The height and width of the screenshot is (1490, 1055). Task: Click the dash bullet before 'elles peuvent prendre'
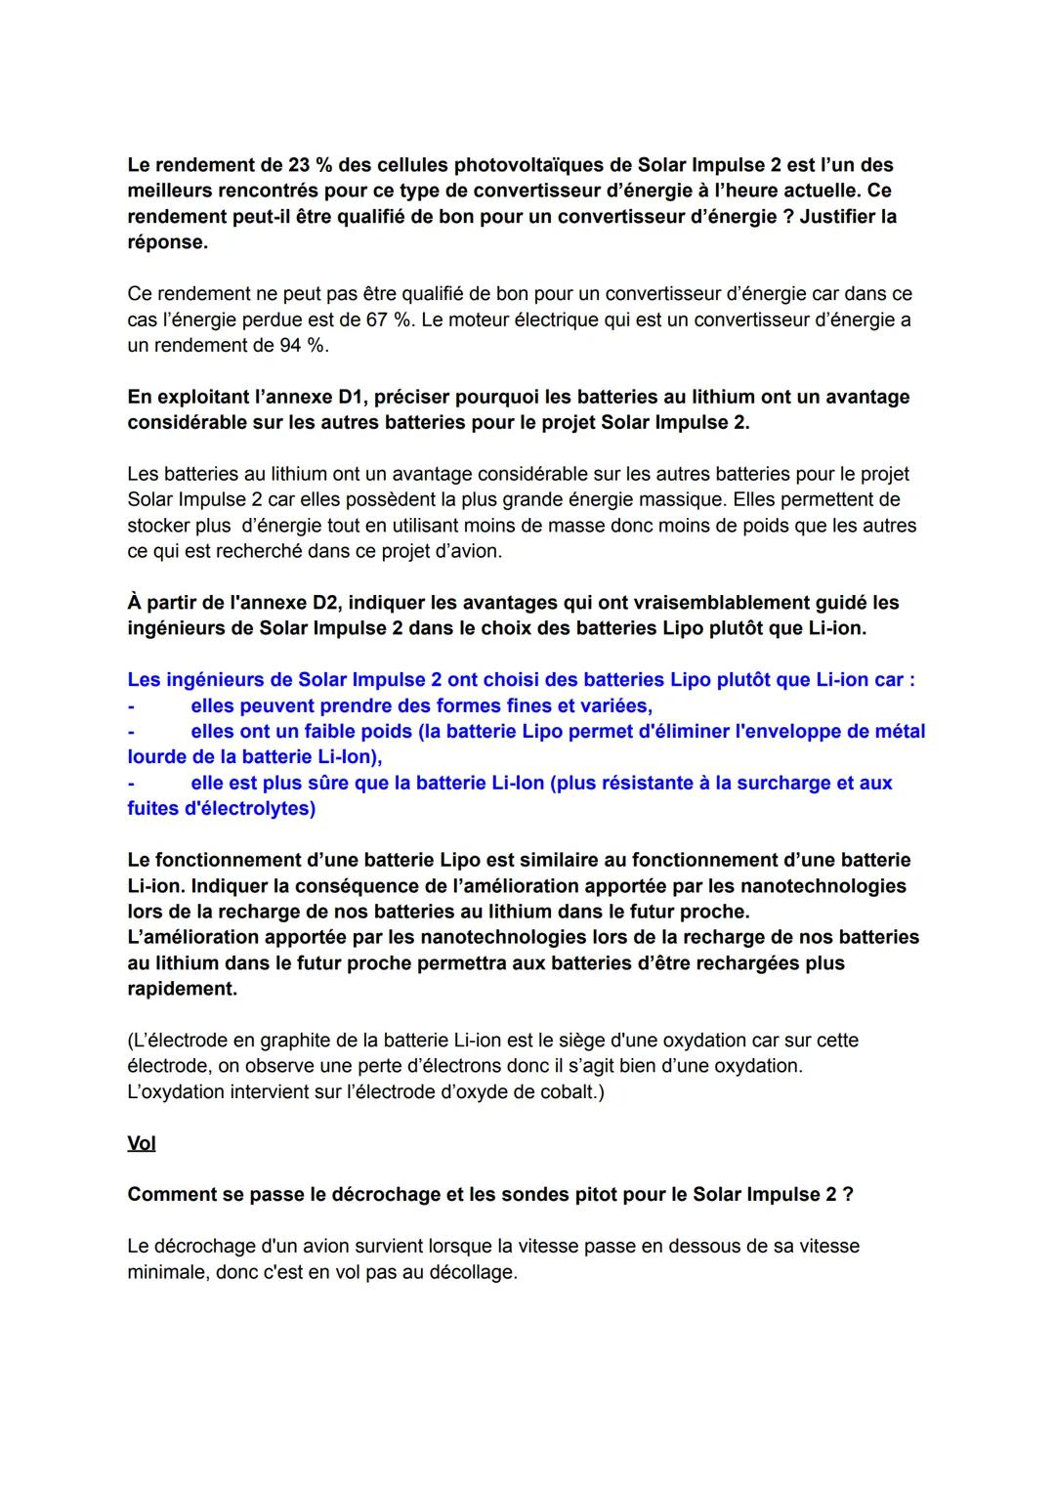[x=131, y=705]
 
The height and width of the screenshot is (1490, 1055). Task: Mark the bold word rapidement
[x=182, y=988]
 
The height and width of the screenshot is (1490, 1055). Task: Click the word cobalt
[x=570, y=1091]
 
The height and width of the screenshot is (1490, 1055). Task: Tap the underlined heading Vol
[x=142, y=1143]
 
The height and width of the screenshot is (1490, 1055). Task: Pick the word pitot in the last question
[x=642, y=1194]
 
